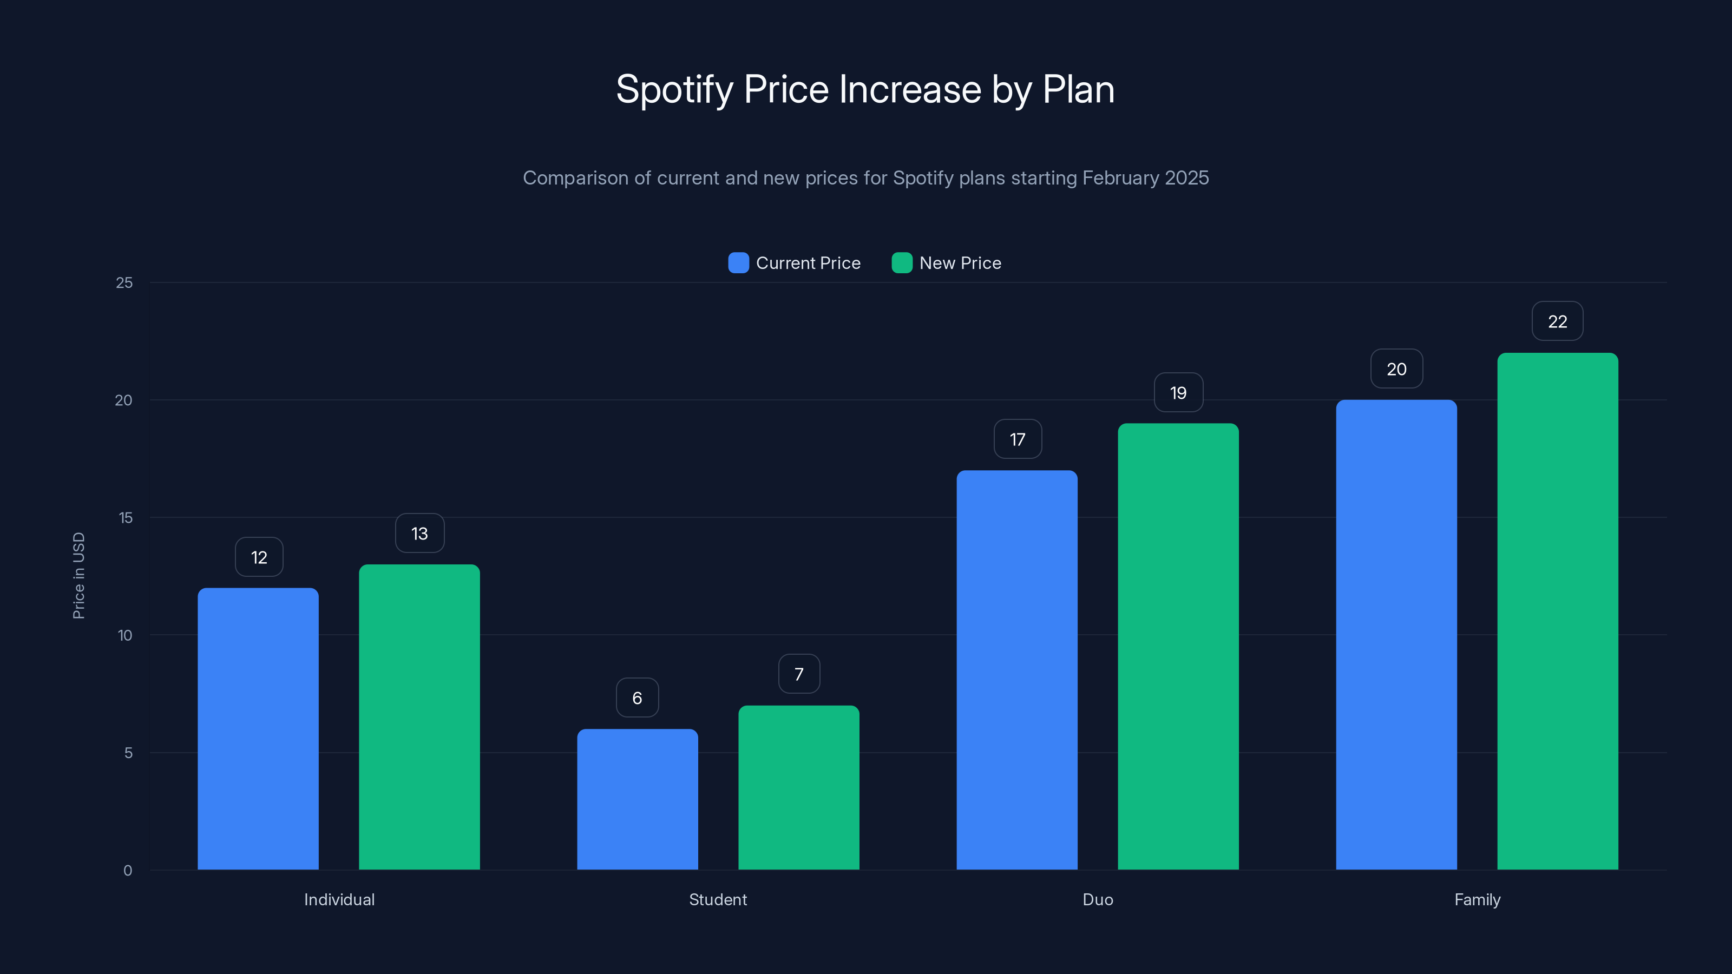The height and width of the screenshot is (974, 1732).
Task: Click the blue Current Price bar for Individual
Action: [258, 729]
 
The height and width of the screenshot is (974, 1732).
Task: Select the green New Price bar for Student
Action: [799, 787]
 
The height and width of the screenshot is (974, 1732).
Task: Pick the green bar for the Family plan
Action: [1557, 611]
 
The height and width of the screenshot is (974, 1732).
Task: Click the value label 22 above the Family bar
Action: [1557, 321]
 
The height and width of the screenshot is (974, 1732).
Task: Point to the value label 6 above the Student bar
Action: [637, 697]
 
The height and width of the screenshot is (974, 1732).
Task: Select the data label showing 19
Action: [1178, 392]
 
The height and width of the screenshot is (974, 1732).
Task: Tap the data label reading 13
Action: [419, 534]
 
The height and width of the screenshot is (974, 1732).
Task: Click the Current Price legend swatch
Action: [738, 263]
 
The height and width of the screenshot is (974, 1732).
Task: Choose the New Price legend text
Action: [960, 263]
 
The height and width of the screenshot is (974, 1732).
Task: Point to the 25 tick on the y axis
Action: [124, 283]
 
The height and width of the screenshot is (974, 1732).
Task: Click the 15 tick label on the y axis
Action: [125, 518]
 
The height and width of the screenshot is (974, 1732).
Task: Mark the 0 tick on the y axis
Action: [128, 871]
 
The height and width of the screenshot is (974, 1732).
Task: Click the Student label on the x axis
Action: [717, 899]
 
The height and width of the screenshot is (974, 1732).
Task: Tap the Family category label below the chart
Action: [1477, 899]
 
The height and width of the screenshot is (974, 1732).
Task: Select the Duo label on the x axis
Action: [1097, 899]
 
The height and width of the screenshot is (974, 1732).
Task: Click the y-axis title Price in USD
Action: [78, 575]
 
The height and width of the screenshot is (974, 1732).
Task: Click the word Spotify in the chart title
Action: [674, 89]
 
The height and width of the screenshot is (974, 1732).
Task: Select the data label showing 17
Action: [1018, 439]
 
